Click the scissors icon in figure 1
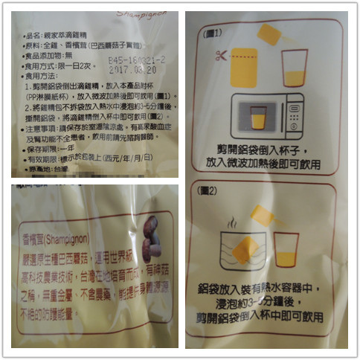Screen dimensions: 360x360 [x=219, y=56]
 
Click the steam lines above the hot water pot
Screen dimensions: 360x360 [x=233, y=222]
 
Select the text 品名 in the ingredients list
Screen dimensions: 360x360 [x=34, y=34]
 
